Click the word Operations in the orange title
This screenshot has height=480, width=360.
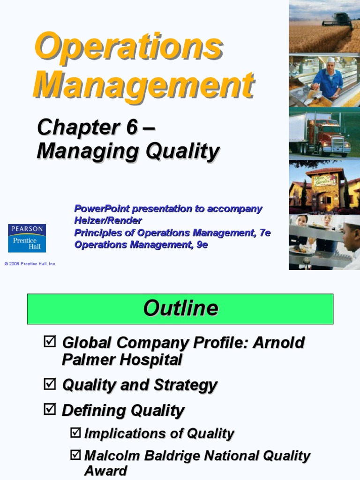click(x=127, y=46)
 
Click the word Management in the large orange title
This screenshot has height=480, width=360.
click(x=143, y=84)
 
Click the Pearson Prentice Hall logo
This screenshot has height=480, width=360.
click(x=27, y=238)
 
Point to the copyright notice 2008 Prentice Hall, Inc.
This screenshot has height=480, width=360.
click(x=30, y=264)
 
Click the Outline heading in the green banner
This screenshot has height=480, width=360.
click(x=180, y=308)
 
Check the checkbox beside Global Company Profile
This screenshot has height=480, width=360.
click(x=49, y=342)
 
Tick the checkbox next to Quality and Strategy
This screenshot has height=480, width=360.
click(x=49, y=385)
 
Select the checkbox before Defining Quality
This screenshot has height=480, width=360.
click(x=49, y=410)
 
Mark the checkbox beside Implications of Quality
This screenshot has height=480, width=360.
click(x=75, y=433)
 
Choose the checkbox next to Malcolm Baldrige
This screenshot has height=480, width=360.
click(x=75, y=455)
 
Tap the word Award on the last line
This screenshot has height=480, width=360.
click(x=105, y=471)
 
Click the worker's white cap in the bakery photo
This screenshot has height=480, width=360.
click(x=331, y=60)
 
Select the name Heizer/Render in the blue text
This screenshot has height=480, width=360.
click(x=108, y=220)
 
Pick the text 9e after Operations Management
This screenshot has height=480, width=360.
click(x=202, y=244)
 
